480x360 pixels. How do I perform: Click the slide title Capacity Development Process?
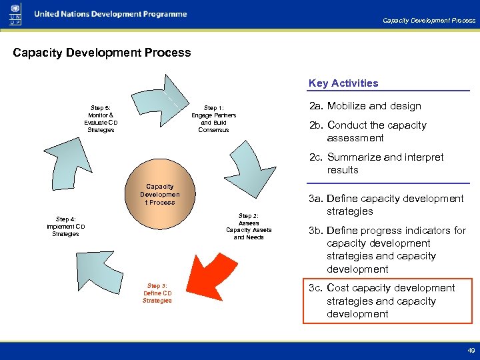click(x=102, y=53)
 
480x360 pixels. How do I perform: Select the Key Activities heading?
click(x=343, y=83)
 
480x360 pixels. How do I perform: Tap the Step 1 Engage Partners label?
click(x=213, y=119)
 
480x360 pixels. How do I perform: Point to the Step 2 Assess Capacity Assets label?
click(x=249, y=227)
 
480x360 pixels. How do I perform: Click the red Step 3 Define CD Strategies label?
click(x=157, y=293)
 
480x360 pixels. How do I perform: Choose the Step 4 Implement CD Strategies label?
click(x=65, y=227)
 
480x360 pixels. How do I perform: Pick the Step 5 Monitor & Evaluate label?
click(x=101, y=119)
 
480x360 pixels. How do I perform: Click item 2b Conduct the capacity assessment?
click(x=376, y=131)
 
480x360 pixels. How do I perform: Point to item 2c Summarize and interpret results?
click(x=375, y=163)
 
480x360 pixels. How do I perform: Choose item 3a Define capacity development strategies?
click(x=385, y=205)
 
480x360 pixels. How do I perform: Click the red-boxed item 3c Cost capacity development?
click(x=386, y=301)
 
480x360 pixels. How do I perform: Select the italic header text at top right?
click(x=429, y=20)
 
